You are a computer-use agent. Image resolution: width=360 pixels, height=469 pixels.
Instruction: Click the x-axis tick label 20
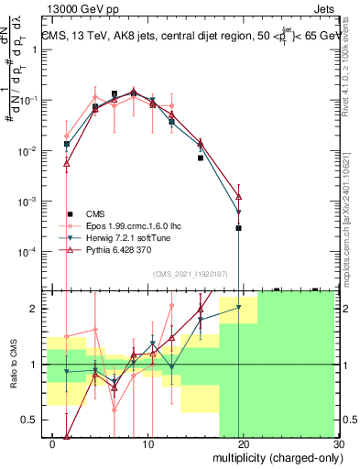(x=243, y=444)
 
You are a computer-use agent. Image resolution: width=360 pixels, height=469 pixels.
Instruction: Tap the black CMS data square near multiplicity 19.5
(x=238, y=228)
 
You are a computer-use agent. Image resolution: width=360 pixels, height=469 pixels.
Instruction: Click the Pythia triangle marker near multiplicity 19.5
(x=238, y=196)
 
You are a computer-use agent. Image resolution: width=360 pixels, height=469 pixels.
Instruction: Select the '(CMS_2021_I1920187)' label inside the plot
(x=190, y=273)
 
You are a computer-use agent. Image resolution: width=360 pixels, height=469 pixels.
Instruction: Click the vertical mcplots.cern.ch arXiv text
(x=352, y=211)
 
